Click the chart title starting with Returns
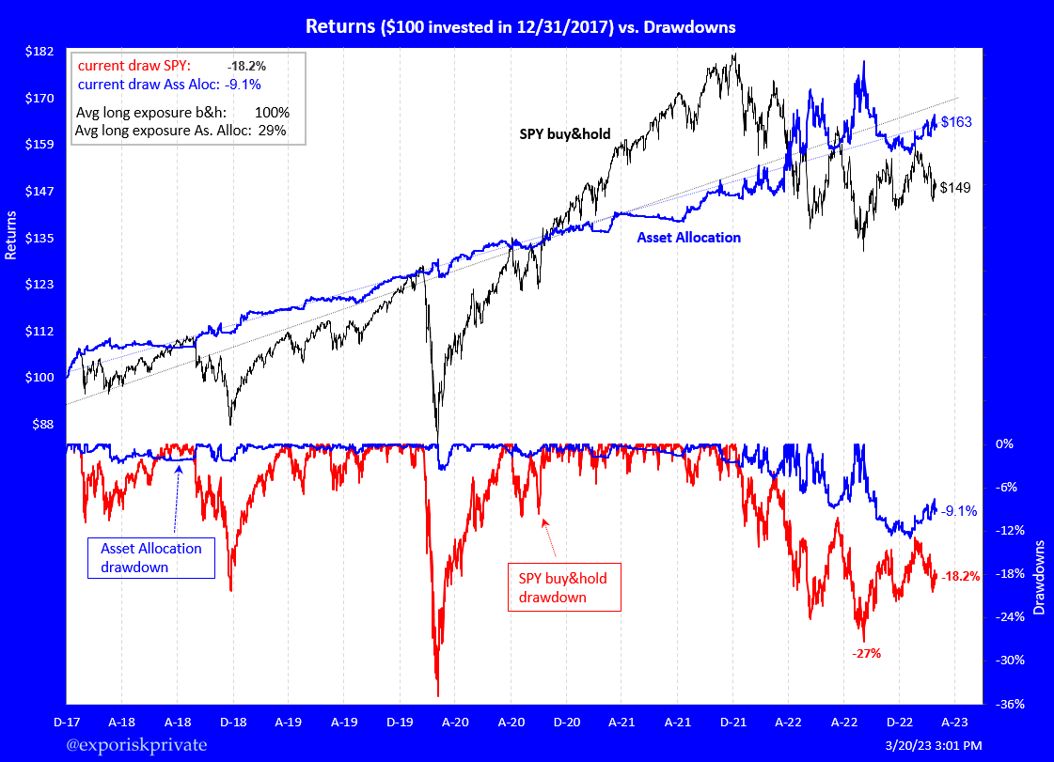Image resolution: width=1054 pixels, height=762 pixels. coord(520,27)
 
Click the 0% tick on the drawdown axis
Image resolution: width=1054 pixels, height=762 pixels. coord(1004,443)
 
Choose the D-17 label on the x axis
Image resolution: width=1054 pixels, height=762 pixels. coord(66,723)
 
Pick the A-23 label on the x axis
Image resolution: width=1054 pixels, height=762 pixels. coord(955,723)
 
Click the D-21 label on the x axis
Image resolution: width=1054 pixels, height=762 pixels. coord(733,723)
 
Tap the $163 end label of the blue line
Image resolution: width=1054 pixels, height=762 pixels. coord(956,122)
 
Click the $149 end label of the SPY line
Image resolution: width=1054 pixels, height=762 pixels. coord(955,187)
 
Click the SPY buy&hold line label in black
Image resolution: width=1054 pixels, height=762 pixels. coord(565,134)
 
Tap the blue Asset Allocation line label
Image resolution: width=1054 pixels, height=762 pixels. coord(688,238)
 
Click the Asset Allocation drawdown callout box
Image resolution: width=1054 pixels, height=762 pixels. coord(150,557)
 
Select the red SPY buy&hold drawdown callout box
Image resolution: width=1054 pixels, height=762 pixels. coord(563,587)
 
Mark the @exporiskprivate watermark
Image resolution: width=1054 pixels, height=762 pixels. coord(137,745)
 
